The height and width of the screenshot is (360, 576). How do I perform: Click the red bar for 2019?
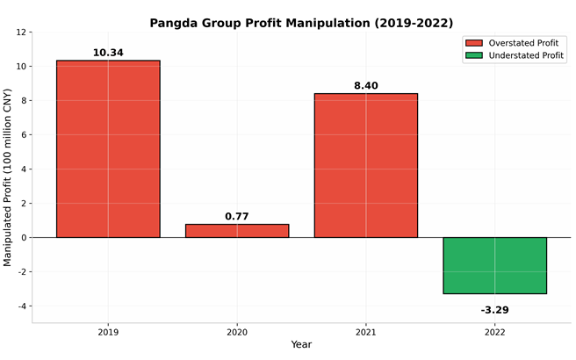108,149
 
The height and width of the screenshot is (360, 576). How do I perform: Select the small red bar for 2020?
237,231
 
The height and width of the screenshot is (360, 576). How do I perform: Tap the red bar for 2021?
366,165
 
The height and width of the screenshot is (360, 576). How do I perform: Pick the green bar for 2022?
494,265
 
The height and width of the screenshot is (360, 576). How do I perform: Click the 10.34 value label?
108,53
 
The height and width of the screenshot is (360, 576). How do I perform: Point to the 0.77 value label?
237,216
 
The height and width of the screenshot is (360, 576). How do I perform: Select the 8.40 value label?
366,86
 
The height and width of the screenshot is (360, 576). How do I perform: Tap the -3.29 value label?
494,310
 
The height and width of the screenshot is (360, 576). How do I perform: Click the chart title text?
301,23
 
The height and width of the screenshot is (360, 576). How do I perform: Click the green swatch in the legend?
474,55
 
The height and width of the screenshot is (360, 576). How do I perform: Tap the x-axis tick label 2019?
108,333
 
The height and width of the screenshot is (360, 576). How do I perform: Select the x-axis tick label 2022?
494,333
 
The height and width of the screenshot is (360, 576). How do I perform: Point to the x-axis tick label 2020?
237,333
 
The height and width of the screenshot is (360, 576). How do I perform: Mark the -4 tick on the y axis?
21,306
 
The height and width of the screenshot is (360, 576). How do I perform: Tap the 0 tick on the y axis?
24,238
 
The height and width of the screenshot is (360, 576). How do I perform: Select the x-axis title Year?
301,345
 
